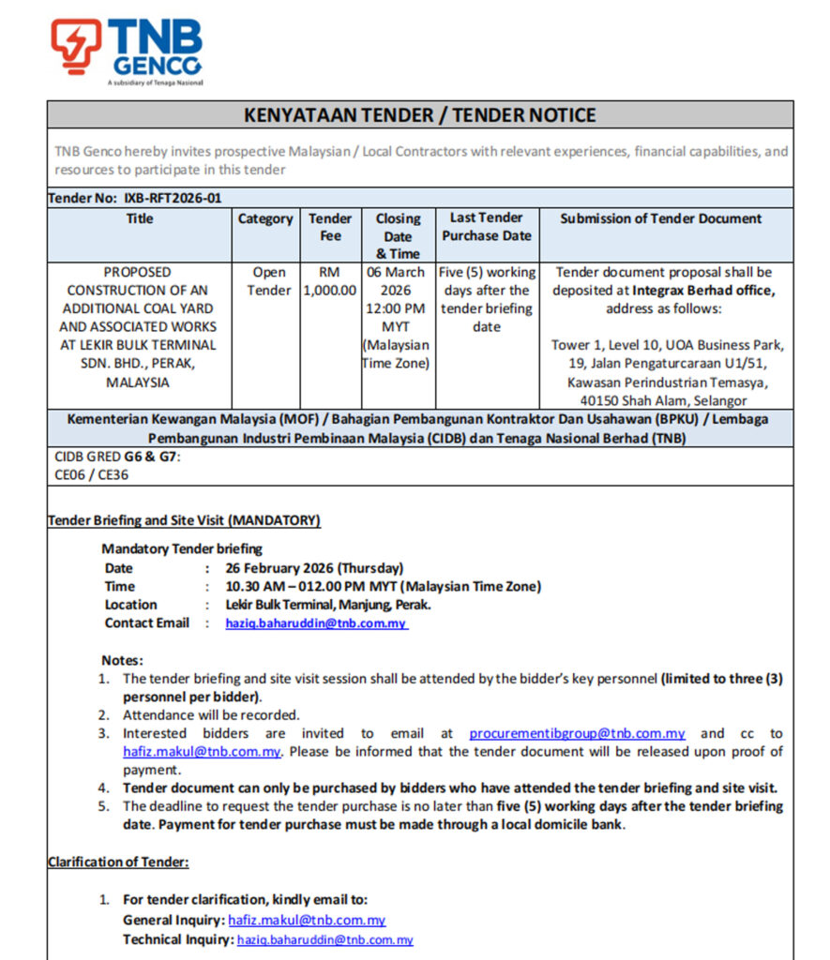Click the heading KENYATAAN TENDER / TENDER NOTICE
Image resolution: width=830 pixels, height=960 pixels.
(419, 115)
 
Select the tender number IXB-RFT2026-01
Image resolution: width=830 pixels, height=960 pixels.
(173, 198)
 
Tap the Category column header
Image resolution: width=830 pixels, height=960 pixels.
(264, 218)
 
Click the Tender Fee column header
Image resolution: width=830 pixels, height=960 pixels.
(330, 227)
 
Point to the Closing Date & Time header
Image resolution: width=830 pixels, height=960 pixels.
(398, 235)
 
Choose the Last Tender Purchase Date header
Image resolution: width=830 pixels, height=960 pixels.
(487, 227)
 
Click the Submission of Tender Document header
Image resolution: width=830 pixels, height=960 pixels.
(660, 218)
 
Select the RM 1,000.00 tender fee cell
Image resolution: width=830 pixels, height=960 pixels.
(330, 281)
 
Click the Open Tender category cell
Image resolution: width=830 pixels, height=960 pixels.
(269, 281)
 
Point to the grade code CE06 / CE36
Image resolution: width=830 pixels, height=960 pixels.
(92, 474)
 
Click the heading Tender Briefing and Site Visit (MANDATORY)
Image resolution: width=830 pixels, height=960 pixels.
(184, 520)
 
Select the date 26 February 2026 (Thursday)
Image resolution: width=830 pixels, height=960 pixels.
(314, 568)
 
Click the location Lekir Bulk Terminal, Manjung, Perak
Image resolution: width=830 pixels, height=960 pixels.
(328, 605)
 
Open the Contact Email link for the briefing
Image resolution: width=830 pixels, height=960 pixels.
(316, 623)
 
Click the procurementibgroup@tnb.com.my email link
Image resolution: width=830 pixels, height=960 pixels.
(577, 733)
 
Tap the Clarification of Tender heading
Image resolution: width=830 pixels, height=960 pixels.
(118, 862)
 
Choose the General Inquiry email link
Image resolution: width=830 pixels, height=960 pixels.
(307, 921)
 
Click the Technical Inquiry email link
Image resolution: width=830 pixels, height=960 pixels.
(324, 939)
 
